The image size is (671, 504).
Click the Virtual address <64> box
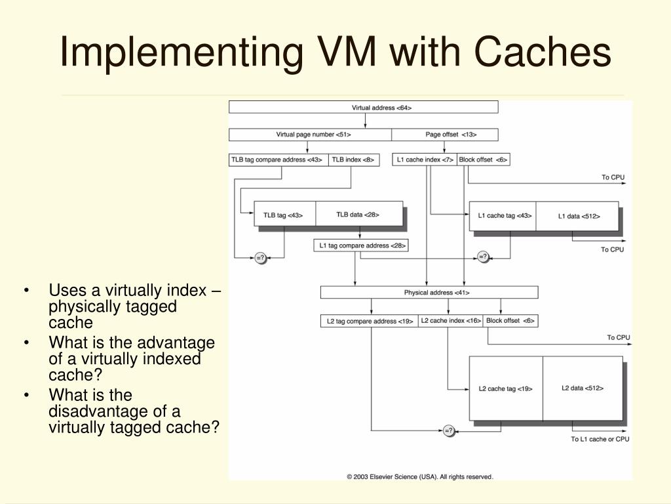363,107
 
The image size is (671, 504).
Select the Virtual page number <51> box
310,135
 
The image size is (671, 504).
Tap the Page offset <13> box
444,135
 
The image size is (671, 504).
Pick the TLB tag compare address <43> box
278,159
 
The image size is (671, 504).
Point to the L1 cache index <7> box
425,159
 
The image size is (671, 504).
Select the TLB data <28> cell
358,214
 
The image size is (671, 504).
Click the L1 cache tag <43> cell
503,215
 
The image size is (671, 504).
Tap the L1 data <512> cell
577,215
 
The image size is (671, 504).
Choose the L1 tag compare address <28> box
362,245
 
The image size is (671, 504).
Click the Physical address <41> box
429,292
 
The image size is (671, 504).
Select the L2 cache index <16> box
450,321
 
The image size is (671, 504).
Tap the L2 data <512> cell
582,388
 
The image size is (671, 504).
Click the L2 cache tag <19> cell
505,388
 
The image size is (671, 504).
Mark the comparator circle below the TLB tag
260,257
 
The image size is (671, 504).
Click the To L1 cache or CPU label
600,439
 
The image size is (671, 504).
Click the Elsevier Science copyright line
419,477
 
